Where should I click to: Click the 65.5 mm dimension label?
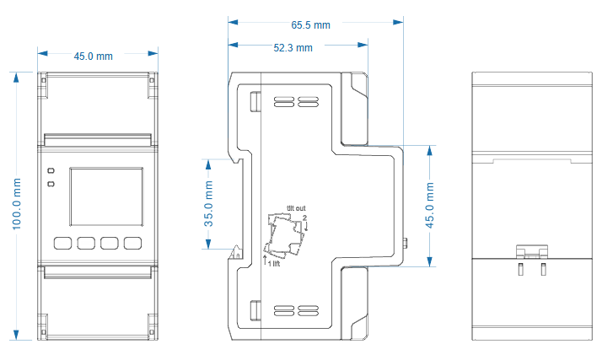310,25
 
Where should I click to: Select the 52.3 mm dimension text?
293,48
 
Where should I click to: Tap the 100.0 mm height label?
16,204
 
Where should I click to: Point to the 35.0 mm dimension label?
208,204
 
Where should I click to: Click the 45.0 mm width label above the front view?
93,56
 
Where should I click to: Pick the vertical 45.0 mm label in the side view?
430,205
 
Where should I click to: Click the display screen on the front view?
106,197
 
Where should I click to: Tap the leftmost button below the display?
62,243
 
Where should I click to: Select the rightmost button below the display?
132,243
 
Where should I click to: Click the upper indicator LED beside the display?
51,171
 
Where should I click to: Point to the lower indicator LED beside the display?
51,184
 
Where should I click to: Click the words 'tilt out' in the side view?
296,208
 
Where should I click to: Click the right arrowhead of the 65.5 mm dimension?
398,22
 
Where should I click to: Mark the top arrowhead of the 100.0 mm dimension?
16,78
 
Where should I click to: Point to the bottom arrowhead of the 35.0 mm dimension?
208,244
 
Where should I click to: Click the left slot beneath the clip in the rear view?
520,269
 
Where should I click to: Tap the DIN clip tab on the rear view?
532,252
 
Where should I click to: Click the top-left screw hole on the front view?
43,81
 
